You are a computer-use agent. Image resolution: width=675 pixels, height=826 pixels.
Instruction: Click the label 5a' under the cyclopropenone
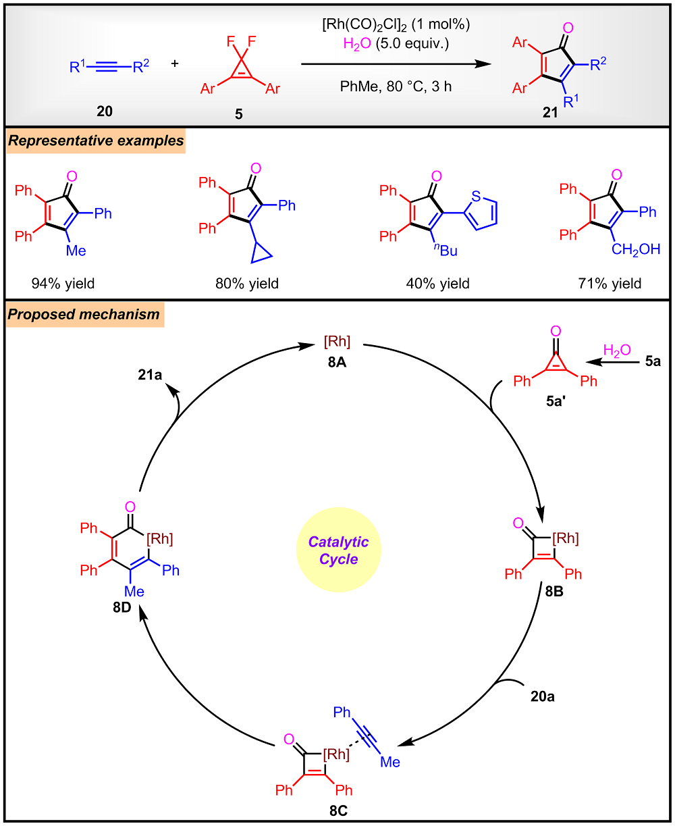pyautogui.click(x=555, y=407)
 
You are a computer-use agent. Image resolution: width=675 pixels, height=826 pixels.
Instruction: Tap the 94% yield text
pyautogui.click(x=63, y=283)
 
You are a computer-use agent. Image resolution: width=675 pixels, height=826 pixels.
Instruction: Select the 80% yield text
pyautogui.click(x=246, y=283)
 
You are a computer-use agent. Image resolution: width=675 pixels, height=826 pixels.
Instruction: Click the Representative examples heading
pyautogui.click(x=94, y=142)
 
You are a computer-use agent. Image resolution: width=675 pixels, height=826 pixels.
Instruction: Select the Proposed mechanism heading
pyautogui.click(x=84, y=314)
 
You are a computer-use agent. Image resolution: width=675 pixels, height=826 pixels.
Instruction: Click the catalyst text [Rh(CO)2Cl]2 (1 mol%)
pyautogui.click(x=395, y=26)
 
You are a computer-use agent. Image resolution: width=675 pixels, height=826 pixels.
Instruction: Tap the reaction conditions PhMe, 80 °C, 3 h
pyautogui.click(x=395, y=86)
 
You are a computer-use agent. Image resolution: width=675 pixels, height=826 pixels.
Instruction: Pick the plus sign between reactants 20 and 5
pyautogui.click(x=175, y=64)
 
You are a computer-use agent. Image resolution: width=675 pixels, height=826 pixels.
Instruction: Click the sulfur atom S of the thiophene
pyautogui.click(x=477, y=179)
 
